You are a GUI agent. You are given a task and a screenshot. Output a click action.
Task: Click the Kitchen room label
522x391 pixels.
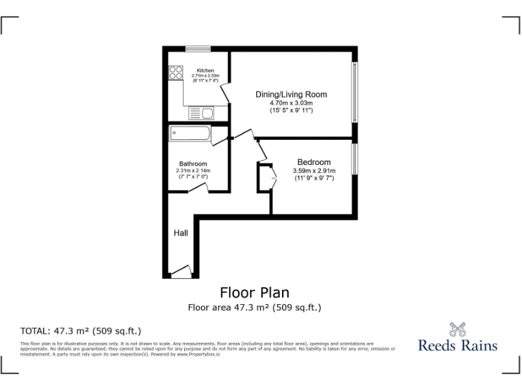205,71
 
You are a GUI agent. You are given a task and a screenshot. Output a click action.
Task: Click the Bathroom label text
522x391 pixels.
193,164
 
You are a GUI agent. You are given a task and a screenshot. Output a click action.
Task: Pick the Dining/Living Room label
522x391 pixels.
291,94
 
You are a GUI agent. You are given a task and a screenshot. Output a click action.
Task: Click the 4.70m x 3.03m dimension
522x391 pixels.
291,103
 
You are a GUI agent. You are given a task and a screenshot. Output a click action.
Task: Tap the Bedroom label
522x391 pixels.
314,162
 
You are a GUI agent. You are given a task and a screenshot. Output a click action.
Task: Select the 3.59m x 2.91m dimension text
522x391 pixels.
314,170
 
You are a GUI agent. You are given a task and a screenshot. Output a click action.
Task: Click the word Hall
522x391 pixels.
181,233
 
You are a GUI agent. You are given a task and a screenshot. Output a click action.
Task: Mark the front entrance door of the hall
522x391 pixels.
181,273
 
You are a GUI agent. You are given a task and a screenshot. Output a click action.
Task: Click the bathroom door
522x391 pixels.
198,189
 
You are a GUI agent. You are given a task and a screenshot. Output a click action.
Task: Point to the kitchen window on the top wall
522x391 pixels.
198,48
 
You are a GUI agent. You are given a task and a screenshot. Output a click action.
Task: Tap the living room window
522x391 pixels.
354,93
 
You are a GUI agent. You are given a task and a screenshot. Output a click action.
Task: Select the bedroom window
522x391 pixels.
354,160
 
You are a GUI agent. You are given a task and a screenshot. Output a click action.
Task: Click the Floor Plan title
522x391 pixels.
254,293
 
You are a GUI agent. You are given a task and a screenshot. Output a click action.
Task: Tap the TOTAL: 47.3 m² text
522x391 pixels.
81,331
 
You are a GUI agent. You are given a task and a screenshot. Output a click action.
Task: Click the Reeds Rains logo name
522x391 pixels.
457,346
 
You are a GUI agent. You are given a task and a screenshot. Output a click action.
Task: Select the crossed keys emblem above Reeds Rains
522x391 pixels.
457,329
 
